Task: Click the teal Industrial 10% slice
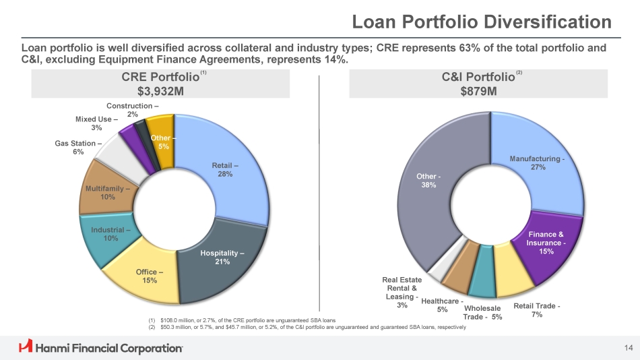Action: pos(104,236)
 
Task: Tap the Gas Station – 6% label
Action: pos(78,148)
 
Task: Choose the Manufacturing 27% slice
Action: pos(539,169)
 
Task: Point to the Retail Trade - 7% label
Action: pos(537,310)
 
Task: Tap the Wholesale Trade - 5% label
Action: pos(482,313)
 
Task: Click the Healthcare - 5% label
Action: pos(441,305)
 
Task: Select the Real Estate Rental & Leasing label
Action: pos(402,293)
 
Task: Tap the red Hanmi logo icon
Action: pos(26,347)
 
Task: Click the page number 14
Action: pos(629,347)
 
